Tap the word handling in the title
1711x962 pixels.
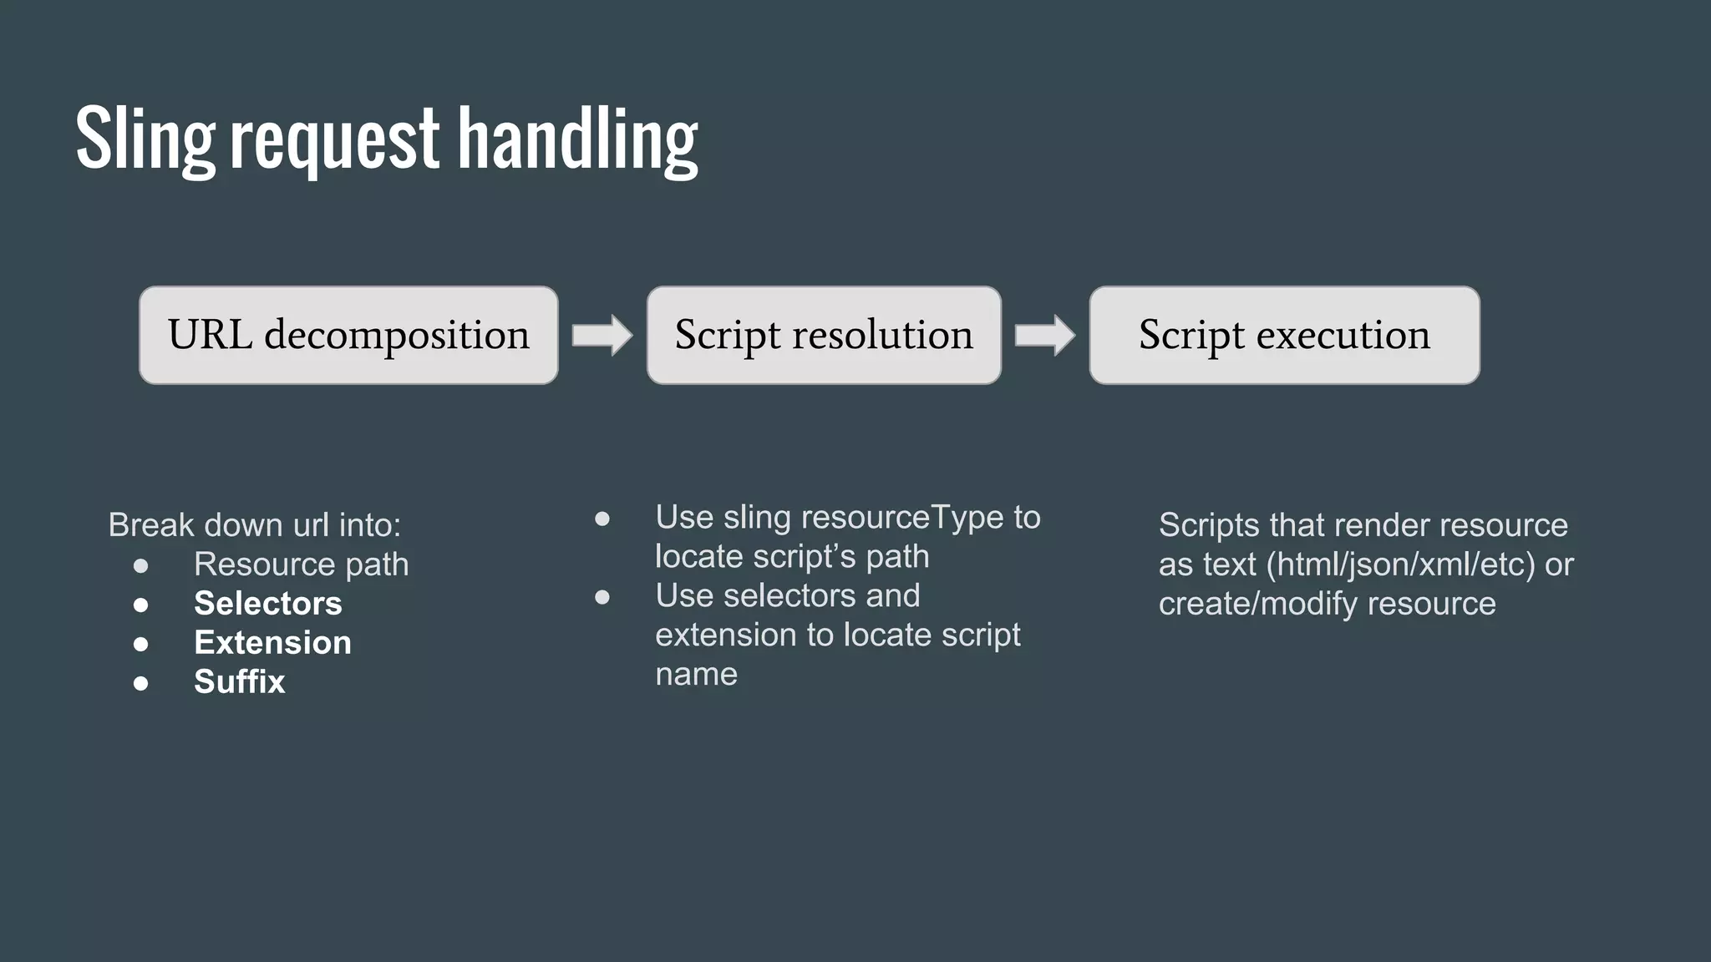pos(577,139)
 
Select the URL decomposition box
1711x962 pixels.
pos(348,335)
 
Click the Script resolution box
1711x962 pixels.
pos(824,335)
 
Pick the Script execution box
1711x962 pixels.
pos(1284,335)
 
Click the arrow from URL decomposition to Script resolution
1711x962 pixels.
pos(602,336)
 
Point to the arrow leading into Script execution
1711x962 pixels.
pos(1045,336)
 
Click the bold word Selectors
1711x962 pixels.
pos(268,603)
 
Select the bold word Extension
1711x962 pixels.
pos(272,642)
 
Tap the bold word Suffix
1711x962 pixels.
pos(240,681)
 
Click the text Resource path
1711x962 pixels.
pos(302,564)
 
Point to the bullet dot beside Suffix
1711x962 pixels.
pos(140,683)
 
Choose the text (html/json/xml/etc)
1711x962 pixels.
pos(1401,564)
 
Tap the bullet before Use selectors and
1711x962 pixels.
pos(602,597)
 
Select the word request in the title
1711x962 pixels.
pos(334,139)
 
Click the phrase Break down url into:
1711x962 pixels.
pos(255,524)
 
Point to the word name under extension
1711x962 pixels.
pos(696,674)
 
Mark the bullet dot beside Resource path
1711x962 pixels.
pos(140,565)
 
